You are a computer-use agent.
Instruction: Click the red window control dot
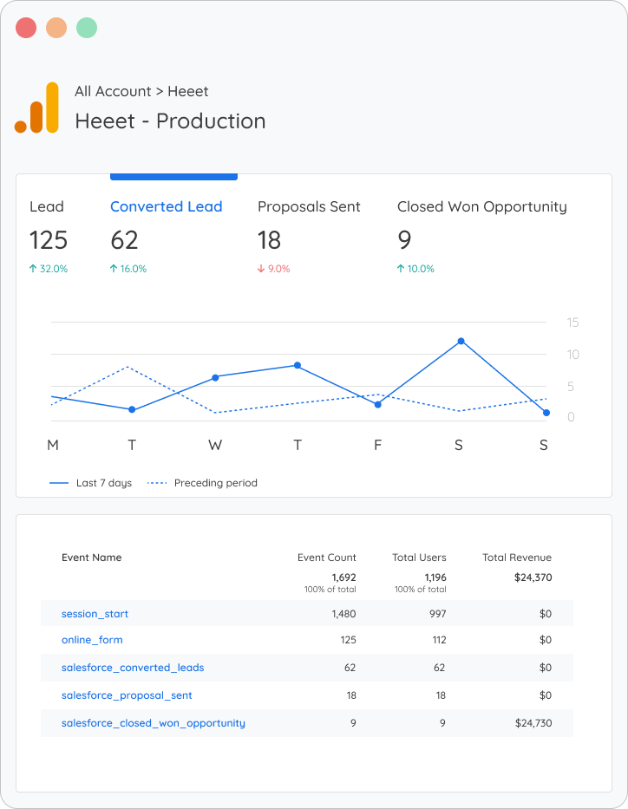[x=26, y=28]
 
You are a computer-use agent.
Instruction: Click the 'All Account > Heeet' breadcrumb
[x=141, y=91]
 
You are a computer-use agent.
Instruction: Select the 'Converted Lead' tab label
[x=166, y=206]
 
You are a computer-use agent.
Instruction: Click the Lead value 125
[x=49, y=240]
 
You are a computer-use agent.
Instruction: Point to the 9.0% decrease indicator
[x=273, y=269]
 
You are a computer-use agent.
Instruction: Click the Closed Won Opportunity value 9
[x=404, y=240]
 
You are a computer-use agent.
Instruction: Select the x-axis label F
[x=377, y=445]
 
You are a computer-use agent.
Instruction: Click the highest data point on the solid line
[x=461, y=341]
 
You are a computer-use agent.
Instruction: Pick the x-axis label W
[x=215, y=445]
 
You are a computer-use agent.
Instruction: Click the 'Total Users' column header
[x=420, y=558]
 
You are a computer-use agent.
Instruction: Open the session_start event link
[x=95, y=614]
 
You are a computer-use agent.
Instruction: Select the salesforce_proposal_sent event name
[x=127, y=695]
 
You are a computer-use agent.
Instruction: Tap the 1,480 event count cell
[x=343, y=614]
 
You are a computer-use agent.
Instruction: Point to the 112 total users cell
[x=439, y=640]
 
